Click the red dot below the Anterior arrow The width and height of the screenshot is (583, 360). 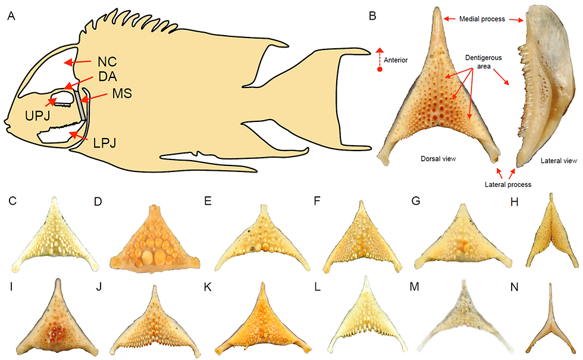coord(380,70)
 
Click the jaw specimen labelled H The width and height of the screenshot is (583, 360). coord(551,231)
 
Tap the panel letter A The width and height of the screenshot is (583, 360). coord(11,16)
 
